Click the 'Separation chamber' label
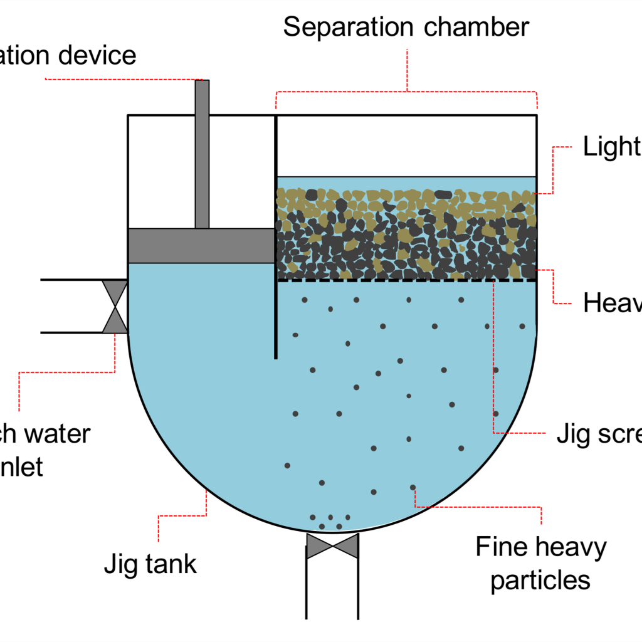pos(406,28)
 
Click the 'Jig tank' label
pos(150,564)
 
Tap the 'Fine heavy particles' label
pos(540,564)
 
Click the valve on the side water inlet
pos(115,306)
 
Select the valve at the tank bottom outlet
pos(332,546)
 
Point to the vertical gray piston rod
pos(202,154)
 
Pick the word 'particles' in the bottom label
pos(540,580)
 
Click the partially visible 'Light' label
pos(611,147)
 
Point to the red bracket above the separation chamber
pos(406,92)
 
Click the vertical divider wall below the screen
pos(276,320)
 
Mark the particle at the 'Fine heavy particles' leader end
pos(413,487)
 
